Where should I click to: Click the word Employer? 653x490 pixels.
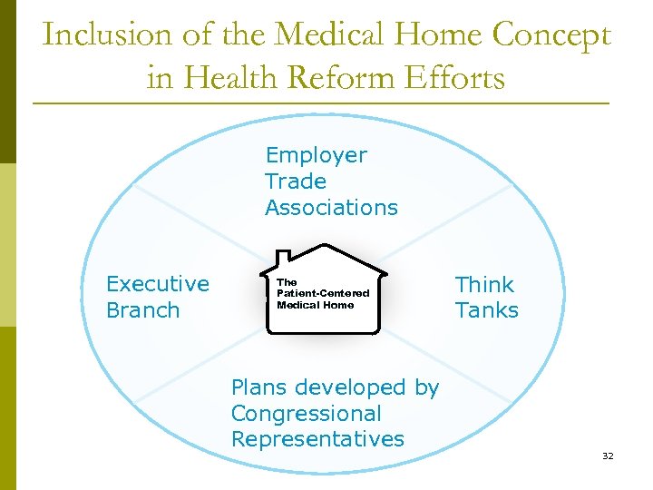(316, 155)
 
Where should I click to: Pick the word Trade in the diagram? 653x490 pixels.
(295, 181)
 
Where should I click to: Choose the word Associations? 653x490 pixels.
(331, 208)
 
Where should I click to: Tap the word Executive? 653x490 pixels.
(158, 284)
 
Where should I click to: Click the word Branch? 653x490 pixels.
(142, 310)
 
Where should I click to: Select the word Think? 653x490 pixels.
(484, 285)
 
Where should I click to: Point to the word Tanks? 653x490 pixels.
(486, 310)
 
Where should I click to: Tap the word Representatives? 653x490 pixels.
(317, 439)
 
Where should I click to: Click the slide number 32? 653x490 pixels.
(608, 456)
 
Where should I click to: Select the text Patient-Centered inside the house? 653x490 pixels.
(323, 294)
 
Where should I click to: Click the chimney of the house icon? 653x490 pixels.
(283, 258)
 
